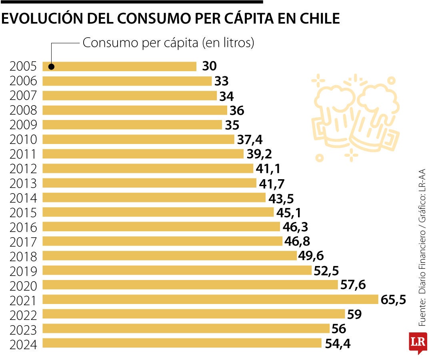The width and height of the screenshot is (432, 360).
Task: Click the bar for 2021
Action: coord(210,299)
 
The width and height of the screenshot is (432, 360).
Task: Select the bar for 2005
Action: coord(120,66)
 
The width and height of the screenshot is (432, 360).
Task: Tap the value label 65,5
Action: coord(393,300)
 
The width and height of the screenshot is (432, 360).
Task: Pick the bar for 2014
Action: coord(154,198)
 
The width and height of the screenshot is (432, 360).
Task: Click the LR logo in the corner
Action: coord(418,342)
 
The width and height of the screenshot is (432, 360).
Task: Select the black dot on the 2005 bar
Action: coord(51,67)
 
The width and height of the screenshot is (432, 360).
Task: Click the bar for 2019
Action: coord(177,270)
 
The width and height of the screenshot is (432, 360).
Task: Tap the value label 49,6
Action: coord(311,256)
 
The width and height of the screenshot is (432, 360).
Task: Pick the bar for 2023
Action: coord(186,329)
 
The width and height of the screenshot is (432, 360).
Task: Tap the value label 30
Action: coord(209,66)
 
